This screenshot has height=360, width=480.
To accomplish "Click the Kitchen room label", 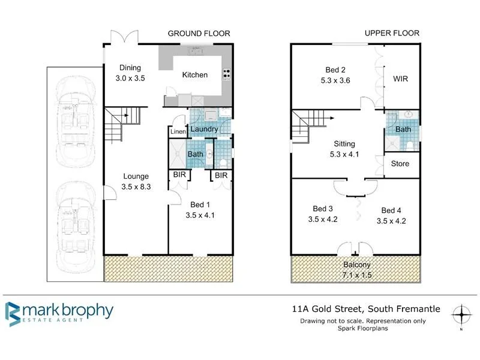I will [195, 75].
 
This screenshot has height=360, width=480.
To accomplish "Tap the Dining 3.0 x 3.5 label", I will [130, 73].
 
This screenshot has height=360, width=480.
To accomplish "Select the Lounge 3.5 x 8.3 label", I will [136, 181].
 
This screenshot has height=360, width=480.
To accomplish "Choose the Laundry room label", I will [204, 128].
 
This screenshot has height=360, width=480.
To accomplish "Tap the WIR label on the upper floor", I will [400, 79].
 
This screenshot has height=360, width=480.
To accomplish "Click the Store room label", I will [400, 163].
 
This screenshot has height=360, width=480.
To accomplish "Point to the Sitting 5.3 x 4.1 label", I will [344, 149].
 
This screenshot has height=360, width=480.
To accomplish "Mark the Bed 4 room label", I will [391, 215].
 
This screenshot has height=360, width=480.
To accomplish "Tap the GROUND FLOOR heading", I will [198, 34].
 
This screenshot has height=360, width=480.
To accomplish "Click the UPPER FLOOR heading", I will [392, 34].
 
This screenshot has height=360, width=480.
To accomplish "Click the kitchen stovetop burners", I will [226, 74].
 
